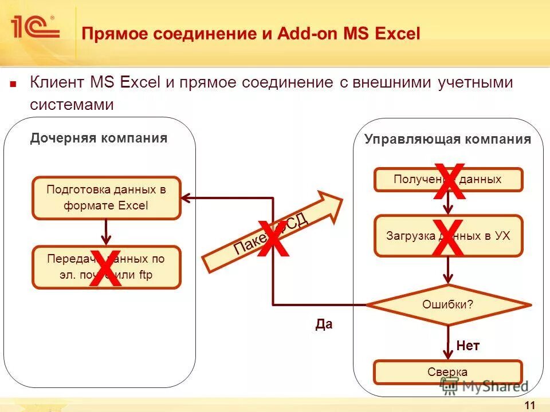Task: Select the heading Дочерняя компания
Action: pos(99,138)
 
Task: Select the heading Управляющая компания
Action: pos(447,140)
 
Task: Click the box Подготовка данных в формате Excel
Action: pos(106,198)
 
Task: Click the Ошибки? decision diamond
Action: pos(447,304)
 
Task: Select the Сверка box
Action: pos(447,372)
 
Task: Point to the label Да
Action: pos(324,325)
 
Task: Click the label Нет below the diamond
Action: pos(467,346)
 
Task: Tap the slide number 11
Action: pos(529,406)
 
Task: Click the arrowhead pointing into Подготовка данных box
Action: pos(186,198)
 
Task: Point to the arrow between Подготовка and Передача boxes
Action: pos(106,232)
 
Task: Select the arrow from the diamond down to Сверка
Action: pos(447,342)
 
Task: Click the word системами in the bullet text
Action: pos(72,105)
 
